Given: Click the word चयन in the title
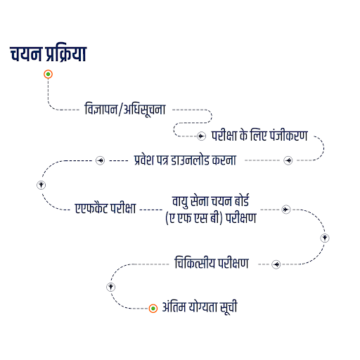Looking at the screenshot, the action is point(25,54).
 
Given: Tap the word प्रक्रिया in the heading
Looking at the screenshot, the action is point(66,54).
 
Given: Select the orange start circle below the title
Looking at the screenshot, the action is point(48,75).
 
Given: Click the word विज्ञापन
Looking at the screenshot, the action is point(101,109).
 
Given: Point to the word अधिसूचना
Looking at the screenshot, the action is point(144,110).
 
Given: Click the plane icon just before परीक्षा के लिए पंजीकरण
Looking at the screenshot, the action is point(201,136).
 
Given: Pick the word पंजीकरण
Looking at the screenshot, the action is point(288,135).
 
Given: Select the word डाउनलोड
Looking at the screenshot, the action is point(190,160).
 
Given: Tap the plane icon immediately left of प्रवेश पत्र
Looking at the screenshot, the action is point(101,160).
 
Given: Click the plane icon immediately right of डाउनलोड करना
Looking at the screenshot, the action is point(288,160).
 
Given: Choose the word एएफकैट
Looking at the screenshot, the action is point(91,208).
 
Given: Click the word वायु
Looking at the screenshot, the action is point(180,202).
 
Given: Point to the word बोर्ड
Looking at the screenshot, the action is point(242,200).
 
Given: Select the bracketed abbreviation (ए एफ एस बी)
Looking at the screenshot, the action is point(194,218).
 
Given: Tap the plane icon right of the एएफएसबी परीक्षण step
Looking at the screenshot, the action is point(286,210).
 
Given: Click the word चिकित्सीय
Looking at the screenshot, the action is point(195,262).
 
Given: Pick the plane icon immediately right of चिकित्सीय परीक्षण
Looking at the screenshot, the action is point(276,264).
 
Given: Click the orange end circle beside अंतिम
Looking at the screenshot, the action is point(153,309).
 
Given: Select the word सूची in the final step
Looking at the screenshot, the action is point(229,307).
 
